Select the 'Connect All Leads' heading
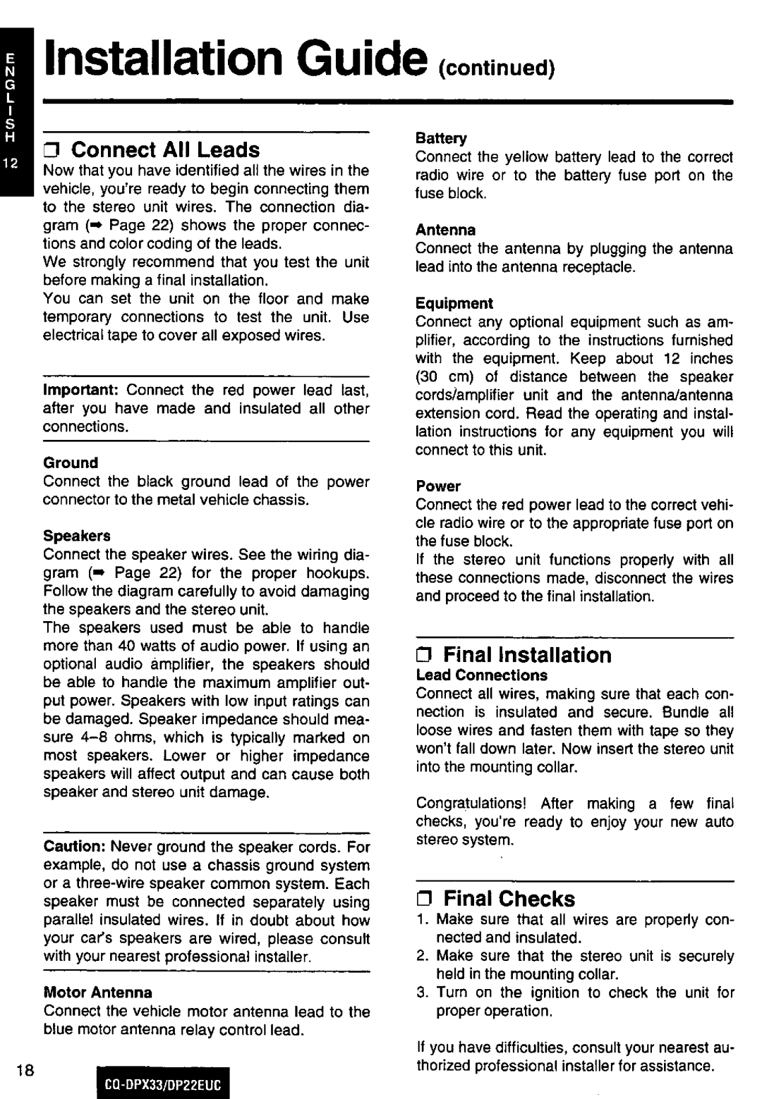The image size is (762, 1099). click(166, 149)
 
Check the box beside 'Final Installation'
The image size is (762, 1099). click(426, 656)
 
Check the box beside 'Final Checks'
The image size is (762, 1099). click(426, 900)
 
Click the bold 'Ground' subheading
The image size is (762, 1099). click(71, 462)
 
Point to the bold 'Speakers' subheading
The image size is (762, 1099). click(77, 536)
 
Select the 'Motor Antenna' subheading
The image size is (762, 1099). click(97, 993)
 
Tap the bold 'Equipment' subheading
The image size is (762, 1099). click(454, 303)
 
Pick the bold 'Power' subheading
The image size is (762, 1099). click(437, 486)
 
